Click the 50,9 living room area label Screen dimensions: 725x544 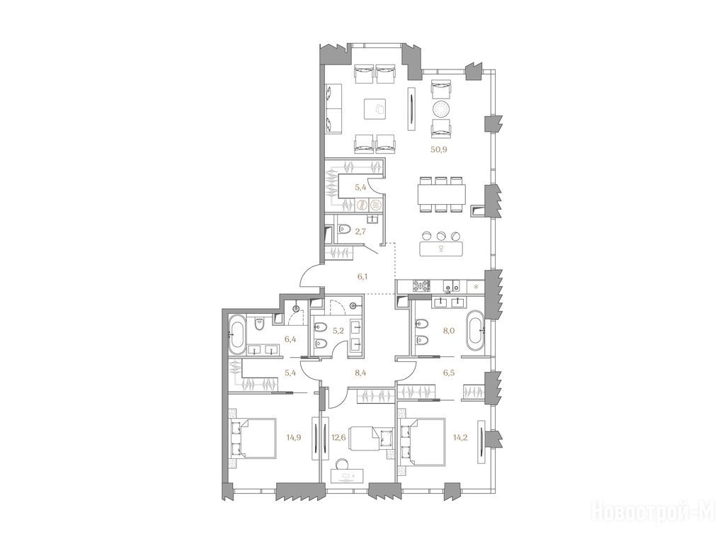(439, 149)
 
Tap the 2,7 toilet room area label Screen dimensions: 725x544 (360, 232)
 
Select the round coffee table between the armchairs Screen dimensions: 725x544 (440, 109)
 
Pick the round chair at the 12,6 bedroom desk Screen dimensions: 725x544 (343, 463)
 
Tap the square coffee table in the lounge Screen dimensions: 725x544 (378, 109)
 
